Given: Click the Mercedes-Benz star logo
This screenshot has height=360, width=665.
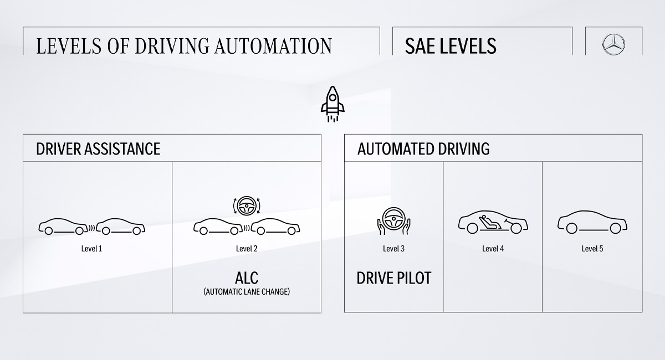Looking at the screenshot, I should tap(613, 44).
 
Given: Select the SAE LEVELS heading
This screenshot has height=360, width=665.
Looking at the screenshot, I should tap(451, 46).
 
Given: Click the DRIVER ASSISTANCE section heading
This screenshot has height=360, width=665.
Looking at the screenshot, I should tap(98, 148).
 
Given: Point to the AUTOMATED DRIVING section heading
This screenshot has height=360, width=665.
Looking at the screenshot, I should tap(423, 148).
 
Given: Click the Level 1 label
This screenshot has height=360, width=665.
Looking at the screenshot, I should tap(91, 249).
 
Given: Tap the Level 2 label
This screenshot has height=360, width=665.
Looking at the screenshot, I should tap(247, 249).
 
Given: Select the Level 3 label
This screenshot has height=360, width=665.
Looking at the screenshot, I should tap(393, 249).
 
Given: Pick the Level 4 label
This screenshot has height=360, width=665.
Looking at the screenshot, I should tap(493, 249).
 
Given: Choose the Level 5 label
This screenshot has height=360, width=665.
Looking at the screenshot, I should tap(592, 249).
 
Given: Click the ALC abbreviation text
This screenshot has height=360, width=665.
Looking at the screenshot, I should tap(247, 277).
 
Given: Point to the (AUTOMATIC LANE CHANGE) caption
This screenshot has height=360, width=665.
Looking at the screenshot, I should tap(247, 291).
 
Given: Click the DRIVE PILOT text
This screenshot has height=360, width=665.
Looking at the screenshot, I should tap(393, 277).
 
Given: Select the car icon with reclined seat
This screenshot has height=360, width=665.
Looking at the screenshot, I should tap(493, 223).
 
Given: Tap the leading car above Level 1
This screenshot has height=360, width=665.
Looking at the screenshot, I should tap(121, 226).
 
